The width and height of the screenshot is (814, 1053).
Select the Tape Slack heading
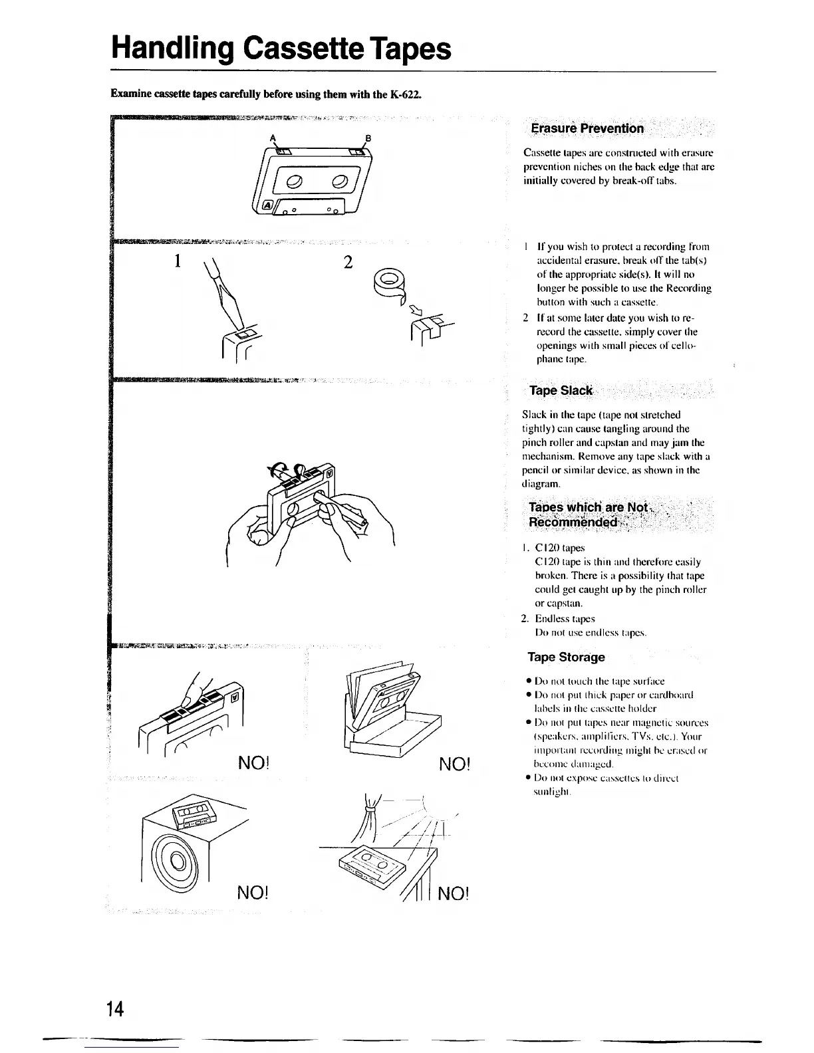click(560, 390)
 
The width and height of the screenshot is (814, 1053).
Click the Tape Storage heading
click(566, 657)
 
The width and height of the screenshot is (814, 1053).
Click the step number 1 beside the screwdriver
click(177, 261)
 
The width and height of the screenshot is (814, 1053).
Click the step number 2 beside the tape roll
click(347, 262)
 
